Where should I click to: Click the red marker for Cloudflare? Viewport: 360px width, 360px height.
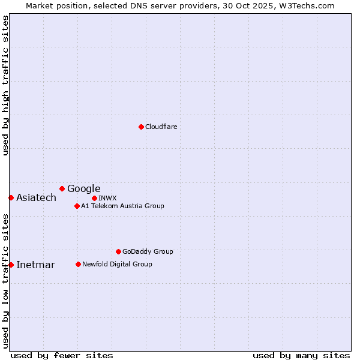tap(141, 127)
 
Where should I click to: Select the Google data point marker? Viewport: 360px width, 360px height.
tap(62, 188)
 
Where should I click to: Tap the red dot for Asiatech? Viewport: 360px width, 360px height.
tap(11, 197)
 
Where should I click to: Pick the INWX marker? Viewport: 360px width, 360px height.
tap(94, 198)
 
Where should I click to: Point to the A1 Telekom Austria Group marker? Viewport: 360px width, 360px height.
tap(77, 206)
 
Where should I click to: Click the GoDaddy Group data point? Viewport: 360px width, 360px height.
tap(118, 251)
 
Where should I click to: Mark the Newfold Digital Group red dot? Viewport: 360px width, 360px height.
tap(78, 264)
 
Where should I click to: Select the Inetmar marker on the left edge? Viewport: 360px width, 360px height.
tap(11, 265)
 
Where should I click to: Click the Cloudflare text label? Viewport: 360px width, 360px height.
tap(161, 127)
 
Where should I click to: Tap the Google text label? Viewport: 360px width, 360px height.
tap(83, 188)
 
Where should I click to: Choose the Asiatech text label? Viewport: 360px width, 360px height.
tap(36, 198)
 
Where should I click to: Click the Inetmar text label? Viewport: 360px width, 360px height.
tap(35, 265)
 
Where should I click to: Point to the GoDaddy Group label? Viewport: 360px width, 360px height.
tap(147, 251)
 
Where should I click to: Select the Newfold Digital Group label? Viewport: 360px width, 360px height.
tap(117, 264)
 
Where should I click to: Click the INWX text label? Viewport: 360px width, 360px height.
tap(107, 198)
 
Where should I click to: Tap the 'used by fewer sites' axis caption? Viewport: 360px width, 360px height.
tap(62, 355)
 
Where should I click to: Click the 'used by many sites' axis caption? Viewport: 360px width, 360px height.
tap(301, 355)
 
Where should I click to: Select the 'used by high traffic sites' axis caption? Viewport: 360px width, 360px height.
tap(5, 85)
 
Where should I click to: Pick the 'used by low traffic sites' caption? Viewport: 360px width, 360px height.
tap(5, 281)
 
